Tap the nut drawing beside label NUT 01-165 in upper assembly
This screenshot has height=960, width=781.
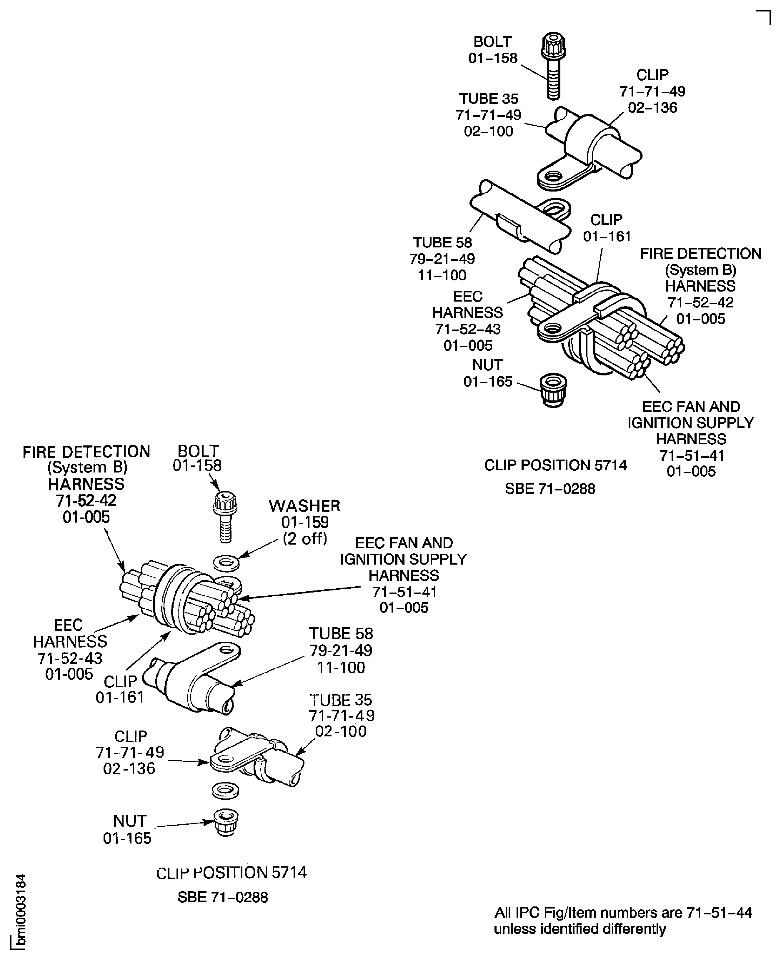pos(553,390)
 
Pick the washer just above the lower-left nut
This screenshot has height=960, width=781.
pos(225,791)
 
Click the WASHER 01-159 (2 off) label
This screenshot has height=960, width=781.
pos(304,522)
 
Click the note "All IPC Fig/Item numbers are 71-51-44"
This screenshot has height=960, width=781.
pos(623,913)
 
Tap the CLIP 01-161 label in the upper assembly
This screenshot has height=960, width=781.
pos(607,228)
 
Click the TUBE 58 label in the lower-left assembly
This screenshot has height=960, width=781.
pos(341,650)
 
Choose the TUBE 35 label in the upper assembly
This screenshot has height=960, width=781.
pos(489,115)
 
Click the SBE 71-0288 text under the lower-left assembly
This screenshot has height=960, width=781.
pos(223,897)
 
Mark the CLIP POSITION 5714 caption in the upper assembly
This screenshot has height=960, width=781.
pos(555,465)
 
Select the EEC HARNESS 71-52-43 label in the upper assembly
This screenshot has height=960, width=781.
pos(468,321)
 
